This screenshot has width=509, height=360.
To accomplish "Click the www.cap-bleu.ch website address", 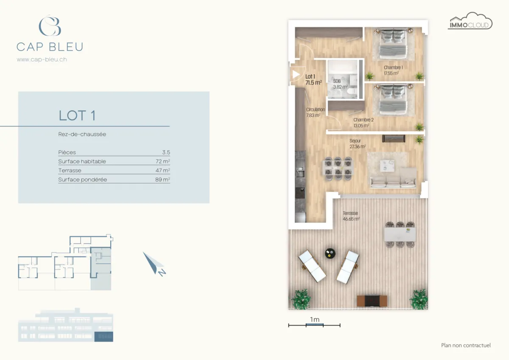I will click(x=42, y=59).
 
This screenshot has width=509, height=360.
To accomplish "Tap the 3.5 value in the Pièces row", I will click(x=166, y=152).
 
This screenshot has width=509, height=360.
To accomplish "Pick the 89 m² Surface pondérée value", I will click(x=163, y=180).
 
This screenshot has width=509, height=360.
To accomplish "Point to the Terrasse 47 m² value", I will click(x=163, y=171).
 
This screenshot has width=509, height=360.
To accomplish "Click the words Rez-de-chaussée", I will click(x=82, y=134).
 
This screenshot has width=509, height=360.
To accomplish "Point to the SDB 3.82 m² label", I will click(x=340, y=84).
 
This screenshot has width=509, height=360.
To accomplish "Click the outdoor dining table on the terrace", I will click(x=400, y=234).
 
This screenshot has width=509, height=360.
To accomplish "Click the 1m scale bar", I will click(x=314, y=325).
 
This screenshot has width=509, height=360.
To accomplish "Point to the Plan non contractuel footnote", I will click(x=466, y=345).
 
